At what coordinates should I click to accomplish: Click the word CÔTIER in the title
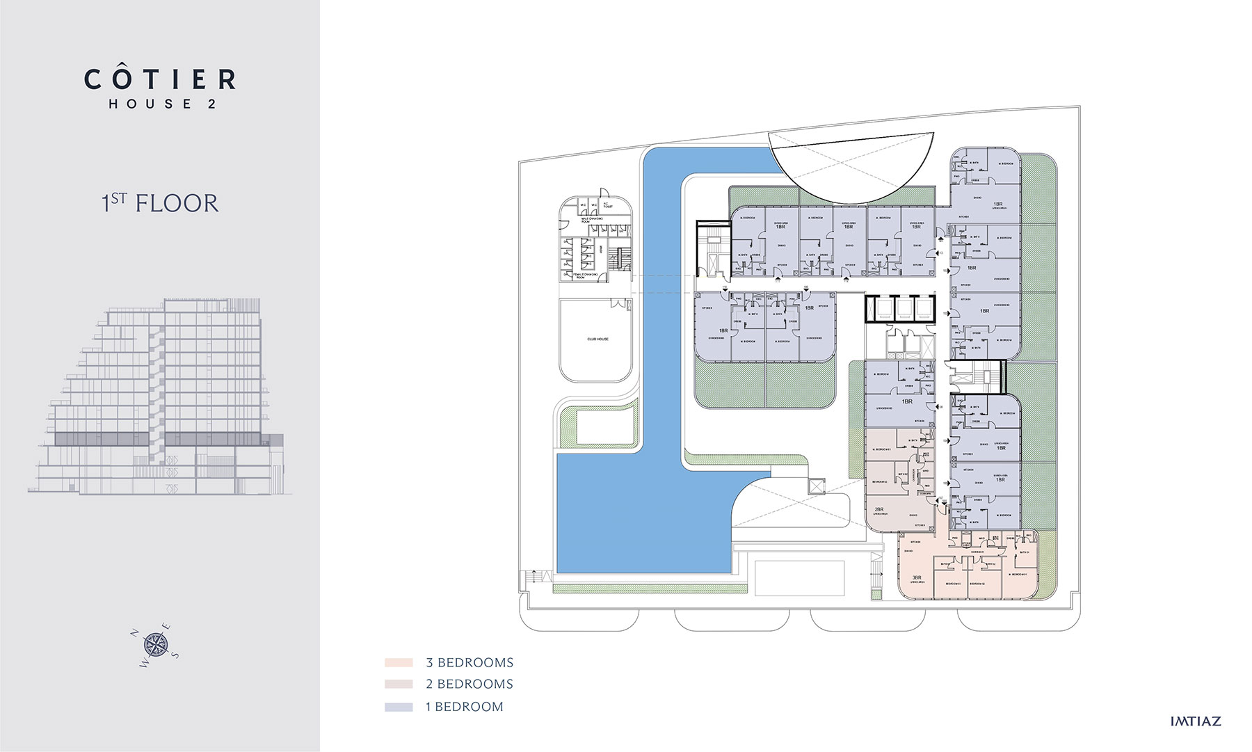tap(160, 79)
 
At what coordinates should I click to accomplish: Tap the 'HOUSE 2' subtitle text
tap(162, 104)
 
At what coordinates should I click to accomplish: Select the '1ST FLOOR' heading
tap(160, 203)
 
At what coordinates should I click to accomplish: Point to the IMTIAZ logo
tap(1195, 721)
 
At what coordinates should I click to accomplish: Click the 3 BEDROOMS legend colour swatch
tap(399, 663)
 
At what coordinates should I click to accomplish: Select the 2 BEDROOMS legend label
tap(469, 685)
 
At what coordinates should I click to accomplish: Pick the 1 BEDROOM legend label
tap(464, 707)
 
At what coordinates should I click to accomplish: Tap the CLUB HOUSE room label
tap(597, 339)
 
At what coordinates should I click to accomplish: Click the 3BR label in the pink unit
tap(917, 577)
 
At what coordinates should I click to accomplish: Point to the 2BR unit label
tap(878, 509)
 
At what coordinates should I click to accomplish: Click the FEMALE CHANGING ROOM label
tap(588, 275)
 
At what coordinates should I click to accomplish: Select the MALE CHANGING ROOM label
tap(591, 219)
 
